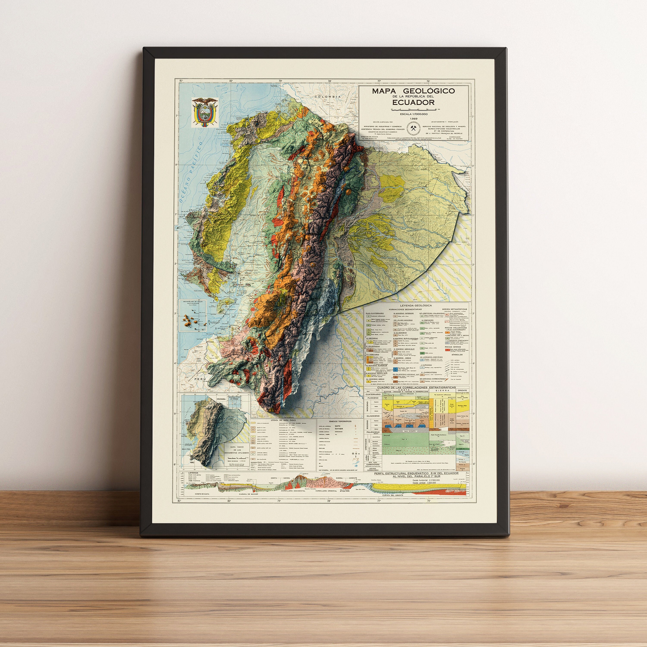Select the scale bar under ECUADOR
pyautogui.click(x=413, y=110)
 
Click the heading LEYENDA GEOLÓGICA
pyautogui.click(x=416, y=305)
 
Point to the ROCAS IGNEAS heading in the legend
pyautogui.click(x=452, y=347)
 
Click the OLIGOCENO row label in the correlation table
pyautogui.click(x=373, y=416)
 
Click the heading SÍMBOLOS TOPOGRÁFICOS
pyautogui.click(x=338, y=421)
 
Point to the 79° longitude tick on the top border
pyautogui.click(x=280, y=81)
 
